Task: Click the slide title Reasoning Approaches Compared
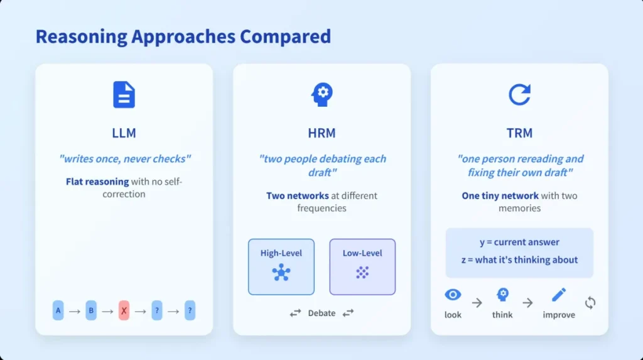pos(183,36)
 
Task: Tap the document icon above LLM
pos(124,95)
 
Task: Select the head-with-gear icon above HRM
pos(322,95)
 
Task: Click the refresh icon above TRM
pos(519,95)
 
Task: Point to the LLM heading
pos(124,133)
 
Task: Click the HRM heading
pos(322,133)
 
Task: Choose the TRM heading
pos(519,133)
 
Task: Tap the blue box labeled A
pos(58,311)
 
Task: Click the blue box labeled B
pos(91,311)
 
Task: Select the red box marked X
pos(124,311)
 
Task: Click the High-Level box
pos(281,267)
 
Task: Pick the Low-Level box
pos(362,267)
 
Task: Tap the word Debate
pos(322,314)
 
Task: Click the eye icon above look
pos(453,294)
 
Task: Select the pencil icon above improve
pos(559,294)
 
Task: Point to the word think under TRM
pos(502,315)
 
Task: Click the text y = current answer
pos(519,242)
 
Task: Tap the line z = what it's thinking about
pos(519,260)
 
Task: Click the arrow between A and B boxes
pos(75,312)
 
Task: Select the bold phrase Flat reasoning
pos(97,182)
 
